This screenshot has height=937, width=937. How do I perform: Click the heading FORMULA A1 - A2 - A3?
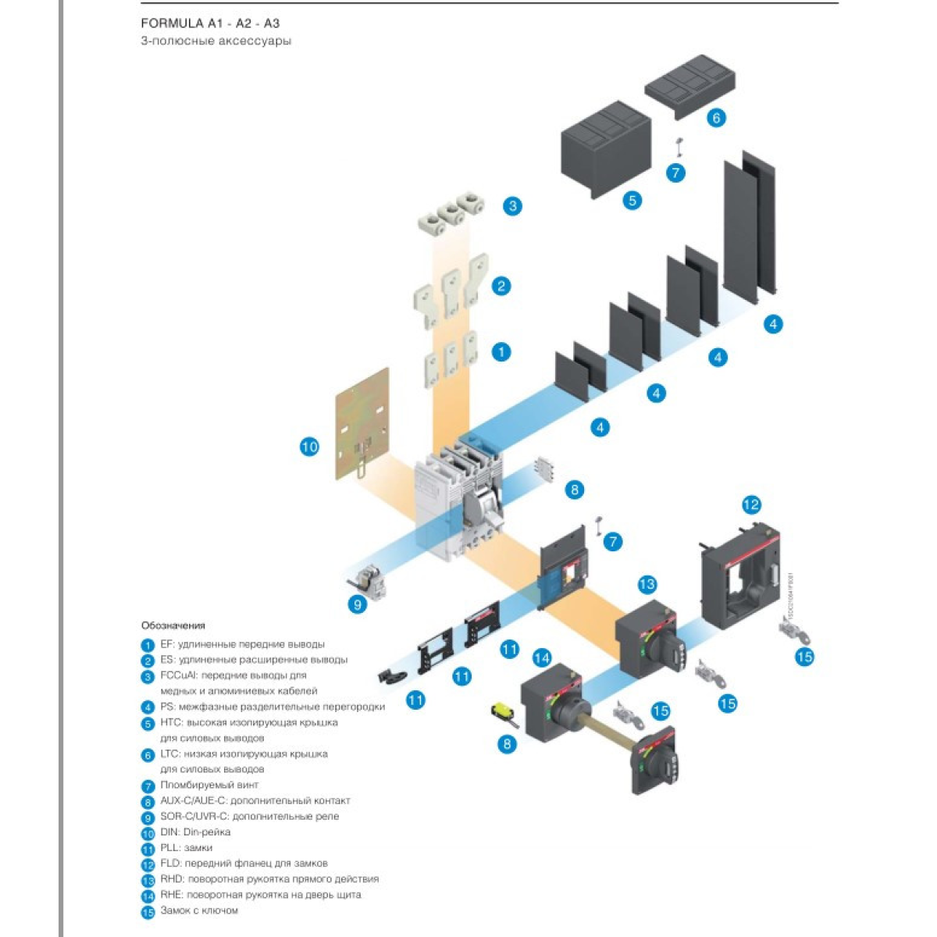[x=210, y=23]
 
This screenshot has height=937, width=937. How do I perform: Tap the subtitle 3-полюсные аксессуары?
[x=216, y=41]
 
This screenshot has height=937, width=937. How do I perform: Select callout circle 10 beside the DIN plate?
[x=309, y=447]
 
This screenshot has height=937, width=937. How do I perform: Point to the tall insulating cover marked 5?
[x=606, y=148]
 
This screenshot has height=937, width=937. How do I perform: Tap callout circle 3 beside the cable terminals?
[x=512, y=206]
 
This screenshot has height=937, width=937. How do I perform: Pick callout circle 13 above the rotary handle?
[x=647, y=584]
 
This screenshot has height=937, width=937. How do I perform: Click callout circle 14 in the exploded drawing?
[x=541, y=658]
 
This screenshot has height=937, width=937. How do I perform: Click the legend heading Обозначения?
[x=173, y=625]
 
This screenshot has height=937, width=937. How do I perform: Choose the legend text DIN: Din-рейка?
[x=195, y=832]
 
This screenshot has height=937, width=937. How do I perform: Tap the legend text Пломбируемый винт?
[x=209, y=785]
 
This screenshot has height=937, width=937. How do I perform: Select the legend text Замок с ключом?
[x=199, y=910]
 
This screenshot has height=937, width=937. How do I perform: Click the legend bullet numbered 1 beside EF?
[x=148, y=645]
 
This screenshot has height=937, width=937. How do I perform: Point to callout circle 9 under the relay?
[x=357, y=604]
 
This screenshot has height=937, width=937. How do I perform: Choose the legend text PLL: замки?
[x=186, y=847]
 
